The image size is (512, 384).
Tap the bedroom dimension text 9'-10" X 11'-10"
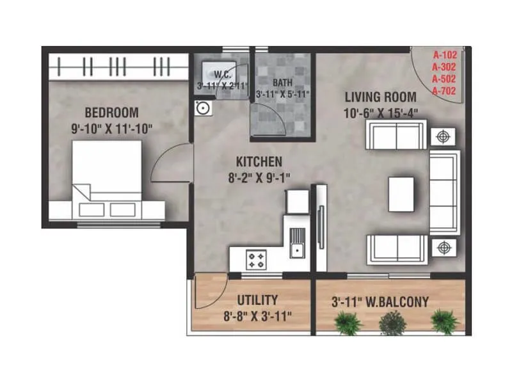pos(112,127)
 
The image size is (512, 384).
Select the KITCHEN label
pos(259,160)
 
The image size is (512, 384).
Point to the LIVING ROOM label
pos(380,97)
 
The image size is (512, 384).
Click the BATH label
pos(282,83)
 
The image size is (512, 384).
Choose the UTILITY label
pos(257,300)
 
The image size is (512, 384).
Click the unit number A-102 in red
pos(444,54)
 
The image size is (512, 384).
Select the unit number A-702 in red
pos(444,91)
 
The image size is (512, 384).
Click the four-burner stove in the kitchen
pos(257,260)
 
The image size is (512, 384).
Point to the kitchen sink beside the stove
pos(296,246)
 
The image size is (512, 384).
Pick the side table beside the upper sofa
pos(442,136)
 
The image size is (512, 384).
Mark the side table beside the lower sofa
pos(442,247)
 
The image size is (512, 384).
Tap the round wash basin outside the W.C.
pos(203,108)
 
